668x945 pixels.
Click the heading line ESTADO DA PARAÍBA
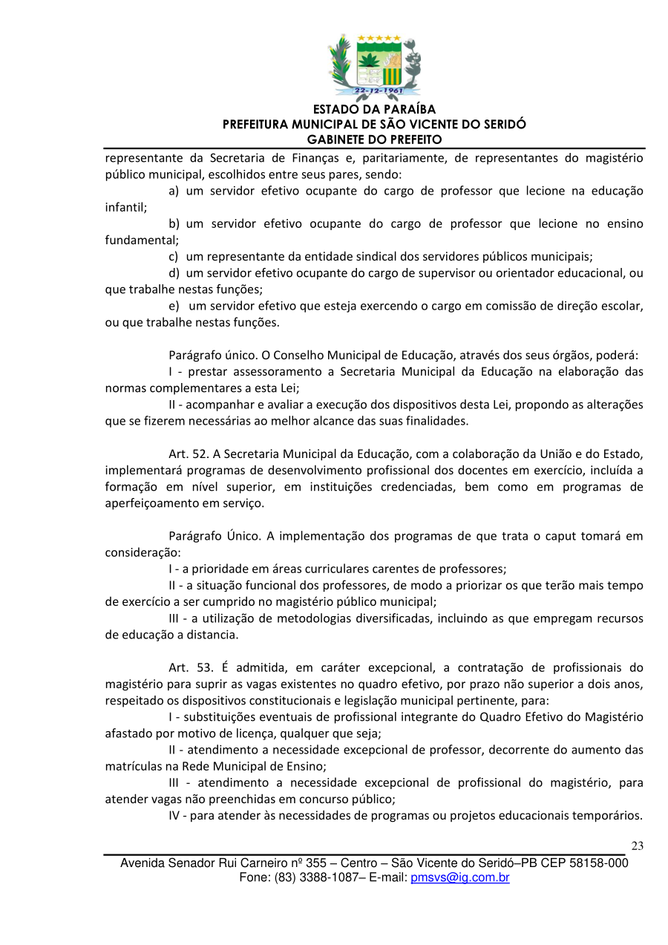click(x=374, y=110)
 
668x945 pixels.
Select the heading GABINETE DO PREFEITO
click(x=374, y=140)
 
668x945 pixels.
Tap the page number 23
click(x=637, y=846)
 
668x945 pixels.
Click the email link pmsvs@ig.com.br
click(x=459, y=877)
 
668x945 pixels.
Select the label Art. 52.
click(x=186, y=454)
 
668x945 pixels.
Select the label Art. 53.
click(x=186, y=667)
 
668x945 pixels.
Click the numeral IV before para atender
click(x=175, y=816)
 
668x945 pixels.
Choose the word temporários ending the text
click(x=607, y=816)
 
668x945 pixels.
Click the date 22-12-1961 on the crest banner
click(x=378, y=91)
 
